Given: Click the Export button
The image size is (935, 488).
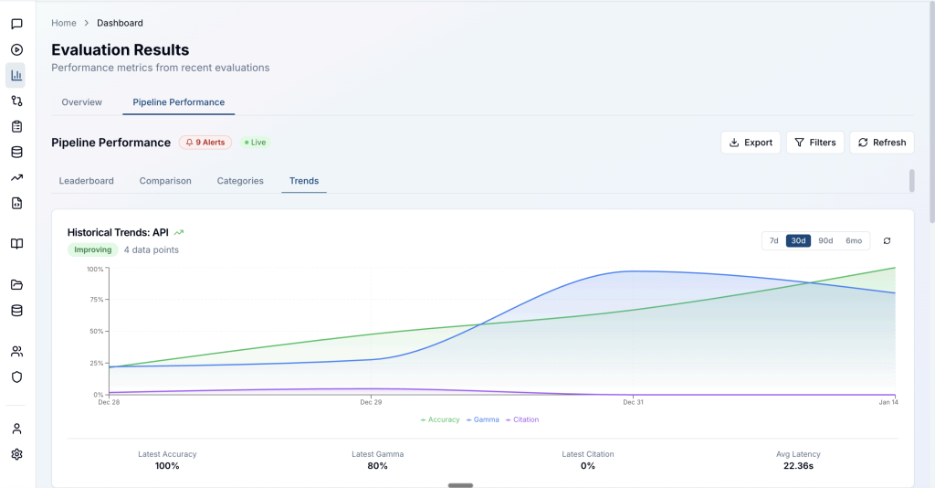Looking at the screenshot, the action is [x=751, y=143].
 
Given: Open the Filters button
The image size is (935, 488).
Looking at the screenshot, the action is [x=815, y=143].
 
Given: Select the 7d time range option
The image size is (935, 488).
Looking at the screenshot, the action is [x=774, y=241].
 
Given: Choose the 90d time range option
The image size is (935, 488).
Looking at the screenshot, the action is [x=825, y=241].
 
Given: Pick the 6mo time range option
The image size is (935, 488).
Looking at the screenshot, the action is [x=854, y=241].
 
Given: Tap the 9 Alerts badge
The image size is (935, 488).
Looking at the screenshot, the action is [x=205, y=143].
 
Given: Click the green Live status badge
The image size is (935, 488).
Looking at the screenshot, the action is [x=256, y=143].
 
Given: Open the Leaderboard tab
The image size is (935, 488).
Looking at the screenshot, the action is [x=87, y=181].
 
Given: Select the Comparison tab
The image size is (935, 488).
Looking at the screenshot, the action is [x=165, y=181].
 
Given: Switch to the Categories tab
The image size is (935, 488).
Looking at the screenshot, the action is [x=240, y=181].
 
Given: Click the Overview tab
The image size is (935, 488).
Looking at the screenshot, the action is [x=81, y=102].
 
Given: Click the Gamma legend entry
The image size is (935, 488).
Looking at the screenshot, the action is [x=483, y=420].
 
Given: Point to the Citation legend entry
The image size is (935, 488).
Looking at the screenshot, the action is [x=522, y=420].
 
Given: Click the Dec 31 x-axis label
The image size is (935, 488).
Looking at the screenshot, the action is [x=634, y=403].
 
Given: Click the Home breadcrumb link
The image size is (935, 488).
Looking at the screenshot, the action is [x=64, y=23].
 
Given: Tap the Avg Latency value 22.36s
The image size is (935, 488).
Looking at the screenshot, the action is [x=798, y=466].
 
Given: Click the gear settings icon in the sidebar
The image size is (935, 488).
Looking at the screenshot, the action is [x=16, y=454].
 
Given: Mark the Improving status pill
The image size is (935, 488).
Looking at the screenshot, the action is [x=93, y=250].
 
